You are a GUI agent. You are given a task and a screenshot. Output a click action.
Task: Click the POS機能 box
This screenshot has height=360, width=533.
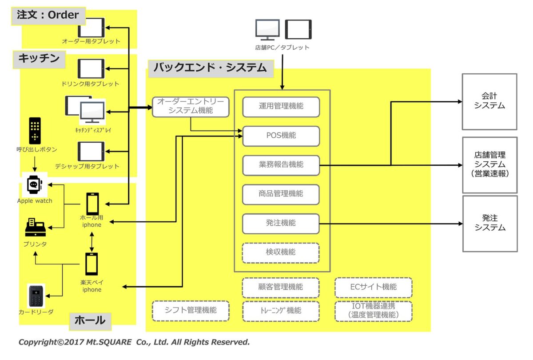point(281,136)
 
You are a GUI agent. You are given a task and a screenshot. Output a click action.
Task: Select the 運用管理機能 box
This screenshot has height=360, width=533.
point(281,107)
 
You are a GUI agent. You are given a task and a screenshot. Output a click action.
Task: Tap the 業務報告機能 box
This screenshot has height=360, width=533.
point(281,165)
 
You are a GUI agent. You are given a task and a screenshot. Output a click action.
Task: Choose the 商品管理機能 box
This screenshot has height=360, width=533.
point(281,194)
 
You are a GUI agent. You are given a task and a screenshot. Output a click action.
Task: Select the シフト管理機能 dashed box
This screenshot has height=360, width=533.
point(191,311)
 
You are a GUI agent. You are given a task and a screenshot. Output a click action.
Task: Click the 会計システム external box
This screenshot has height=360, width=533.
point(489,101)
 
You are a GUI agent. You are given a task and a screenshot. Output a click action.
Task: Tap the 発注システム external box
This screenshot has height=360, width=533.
point(489,223)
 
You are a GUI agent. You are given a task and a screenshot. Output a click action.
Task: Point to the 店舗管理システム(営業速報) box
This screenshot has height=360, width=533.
point(489,164)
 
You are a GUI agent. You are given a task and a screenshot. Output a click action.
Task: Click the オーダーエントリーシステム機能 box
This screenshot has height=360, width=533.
point(191,107)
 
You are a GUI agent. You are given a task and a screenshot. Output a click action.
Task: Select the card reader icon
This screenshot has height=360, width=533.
point(35,295)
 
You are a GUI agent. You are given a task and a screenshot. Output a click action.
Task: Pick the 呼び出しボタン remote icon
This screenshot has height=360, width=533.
point(35,131)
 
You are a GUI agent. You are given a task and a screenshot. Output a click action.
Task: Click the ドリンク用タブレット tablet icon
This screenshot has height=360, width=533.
point(91,69)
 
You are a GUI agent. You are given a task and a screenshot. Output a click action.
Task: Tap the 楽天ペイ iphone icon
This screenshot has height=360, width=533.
point(91,264)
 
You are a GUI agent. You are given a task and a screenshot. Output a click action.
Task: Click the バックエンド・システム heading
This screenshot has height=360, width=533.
point(210,68)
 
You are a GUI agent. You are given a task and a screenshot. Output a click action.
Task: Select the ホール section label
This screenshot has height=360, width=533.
point(90,320)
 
